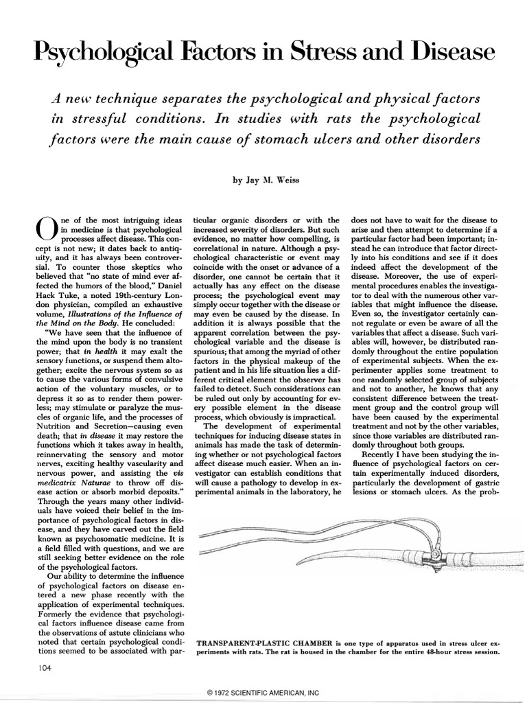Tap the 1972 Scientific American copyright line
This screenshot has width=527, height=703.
point(263,693)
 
